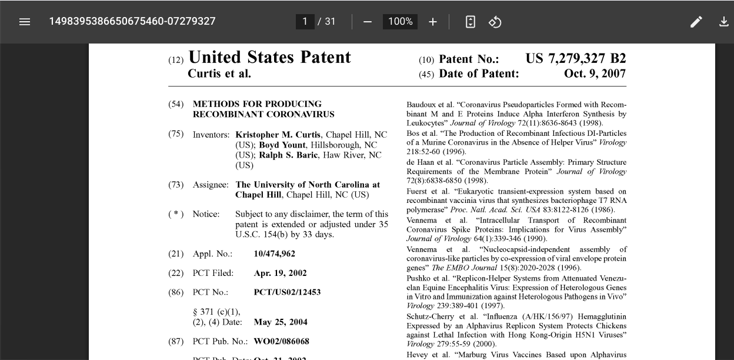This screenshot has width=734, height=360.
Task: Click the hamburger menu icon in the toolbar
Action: pyautogui.click(x=24, y=22)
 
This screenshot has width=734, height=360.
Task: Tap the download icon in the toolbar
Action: pyautogui.click(x=723, y=22)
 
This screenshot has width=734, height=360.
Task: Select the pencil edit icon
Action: pyautogui.click(x=696, y=22)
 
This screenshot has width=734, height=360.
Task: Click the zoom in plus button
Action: pyautogui.click(x=433, y=22)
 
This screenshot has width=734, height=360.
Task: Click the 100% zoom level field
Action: pyautogui.click(x=400, y=22)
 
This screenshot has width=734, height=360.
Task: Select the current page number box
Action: pyautogui.click(x=305, y=22)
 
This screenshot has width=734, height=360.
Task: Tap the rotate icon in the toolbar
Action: pyautogui.click(x=495, y=22)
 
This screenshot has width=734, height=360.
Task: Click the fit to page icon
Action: pyautogui.click(x=470, y=22)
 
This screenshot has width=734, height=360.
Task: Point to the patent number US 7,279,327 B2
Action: pyautogui.click(x=575, y=59)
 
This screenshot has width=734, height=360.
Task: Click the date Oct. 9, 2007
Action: pyautogui.click(x=595, y=74)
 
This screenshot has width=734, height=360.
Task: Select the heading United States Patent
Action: pyautogui.click(x=269, y=58)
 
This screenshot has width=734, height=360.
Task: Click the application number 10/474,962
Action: pyautogui.click(x=275, y=254)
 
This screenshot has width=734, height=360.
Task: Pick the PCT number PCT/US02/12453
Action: pyautogui.click(x=287, y=292)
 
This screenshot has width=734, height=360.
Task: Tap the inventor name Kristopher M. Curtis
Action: pyautogui.click(x=278, y=135)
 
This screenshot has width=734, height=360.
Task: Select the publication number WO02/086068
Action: pyautogui.click(x=281, y=342)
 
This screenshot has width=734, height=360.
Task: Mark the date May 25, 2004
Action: pyautogui.click(x=281, y=322)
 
